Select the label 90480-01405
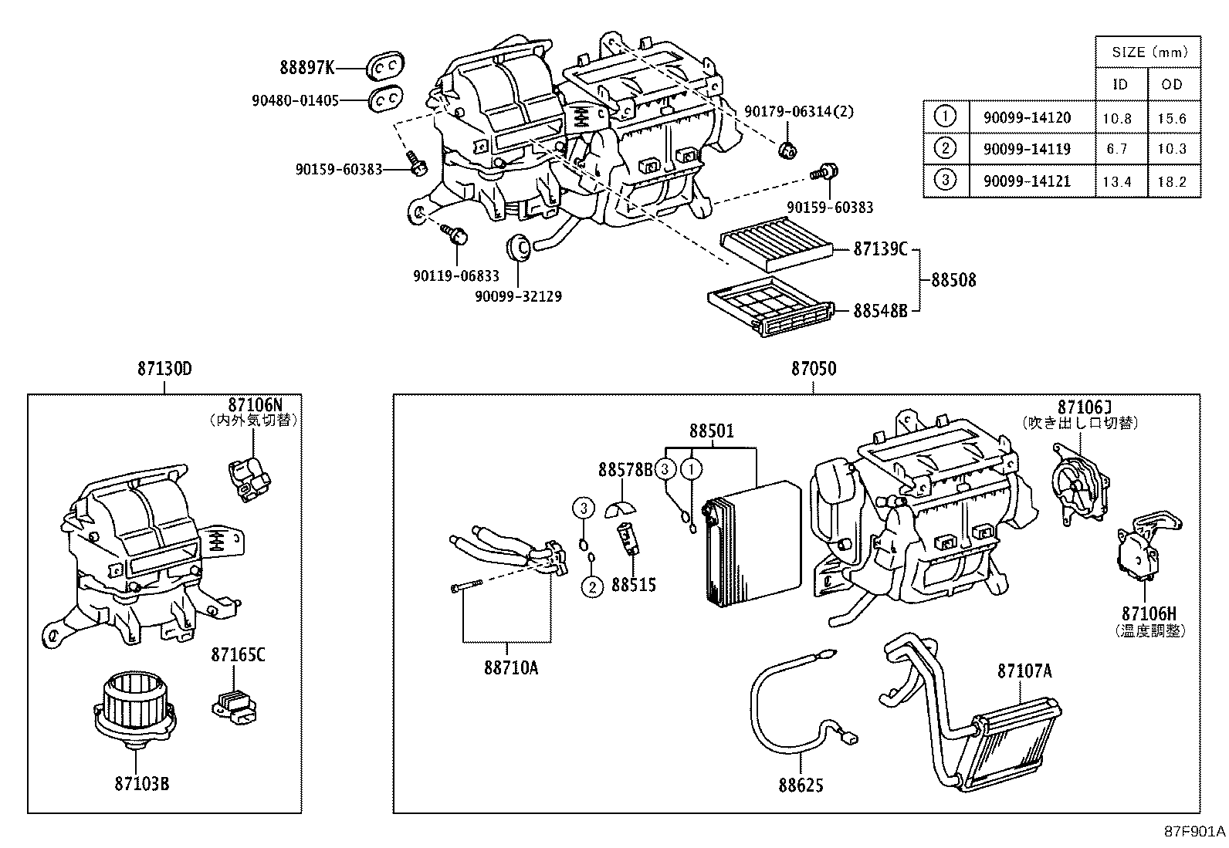click(x=295, y=100)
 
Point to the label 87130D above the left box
click(x=164, y=369)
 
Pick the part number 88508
click(x=953, y=280)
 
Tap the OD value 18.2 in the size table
click(x=1172, y=182)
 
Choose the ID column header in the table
click(x=1120, y=85)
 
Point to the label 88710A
click(x=511, y=667)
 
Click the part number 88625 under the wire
click(x=801, y=785)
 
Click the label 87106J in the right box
click(x=1084, y=407)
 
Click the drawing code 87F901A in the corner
click(x=1195, y=832)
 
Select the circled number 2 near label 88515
click(x=592, y=586)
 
